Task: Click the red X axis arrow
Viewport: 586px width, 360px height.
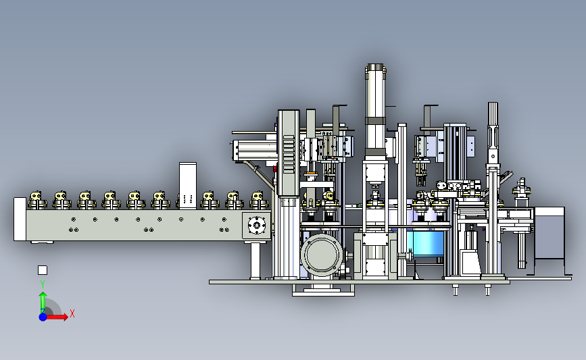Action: coord(55,317)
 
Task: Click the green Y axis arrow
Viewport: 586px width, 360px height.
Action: coord(43,303)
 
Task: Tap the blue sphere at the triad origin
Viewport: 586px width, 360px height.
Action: coord(43,317)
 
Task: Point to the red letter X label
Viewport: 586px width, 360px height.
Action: coord(72,313)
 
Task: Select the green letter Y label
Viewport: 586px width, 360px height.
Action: coord(43,284)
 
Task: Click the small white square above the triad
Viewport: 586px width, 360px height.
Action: coord(43,270)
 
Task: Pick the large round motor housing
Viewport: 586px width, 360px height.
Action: coord(322,255)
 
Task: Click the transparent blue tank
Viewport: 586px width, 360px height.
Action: coord(427,243)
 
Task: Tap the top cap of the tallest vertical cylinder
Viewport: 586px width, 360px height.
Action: coord(376,68)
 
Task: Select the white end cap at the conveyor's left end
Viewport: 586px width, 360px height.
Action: coord(20,220)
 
